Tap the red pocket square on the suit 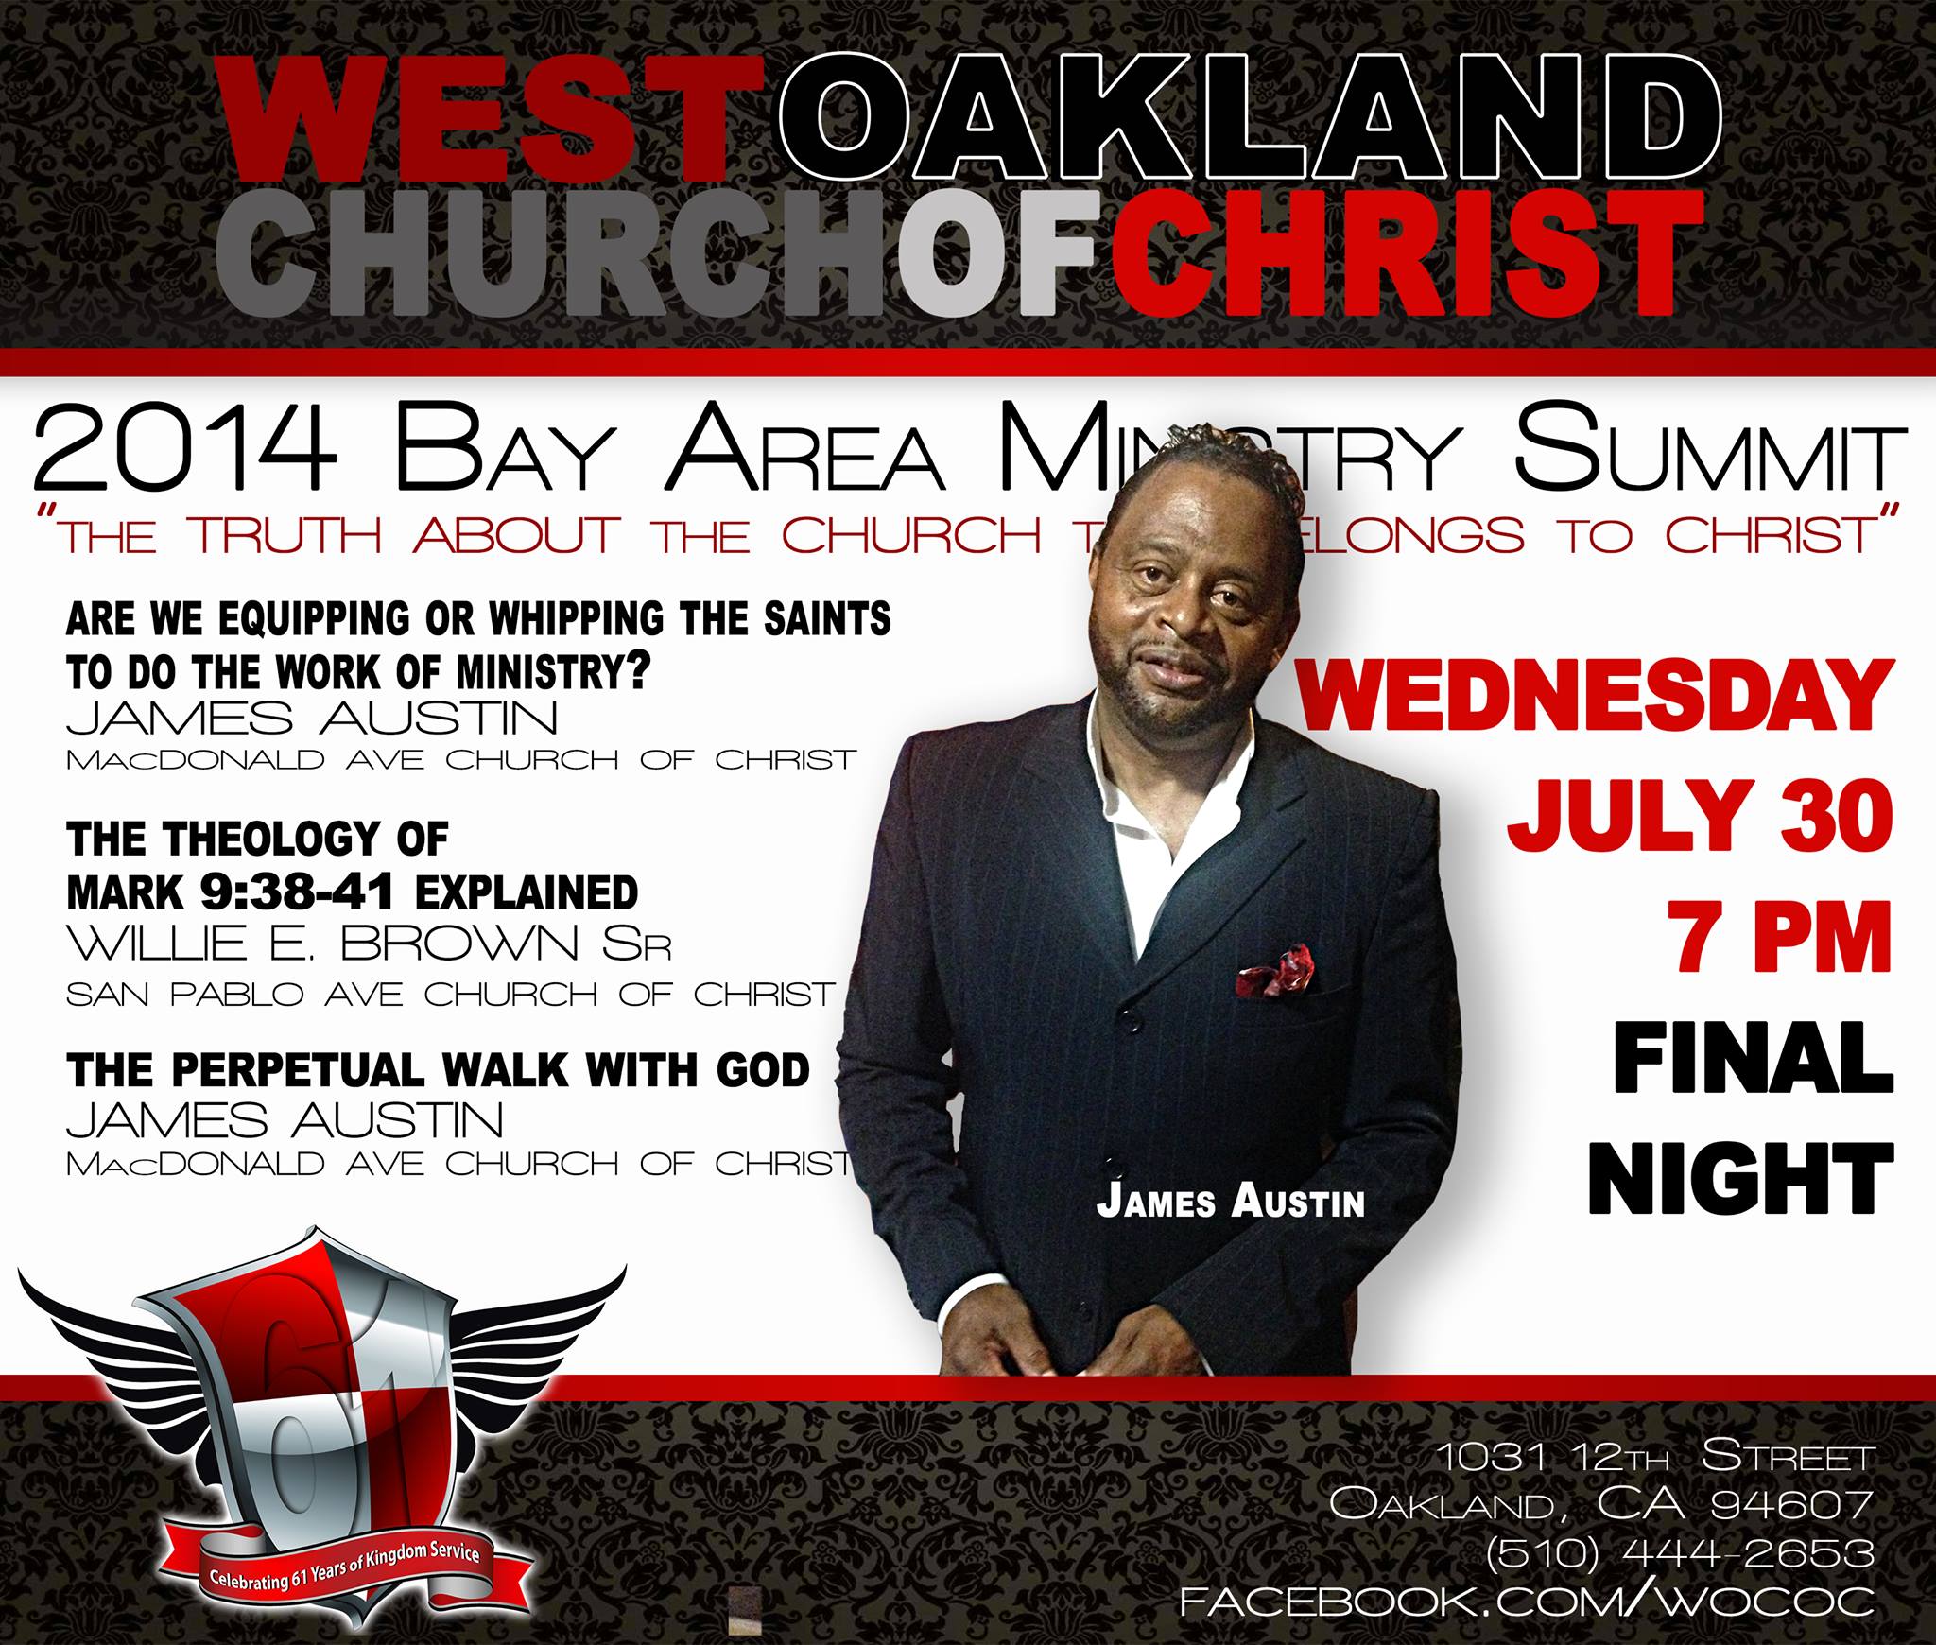click(1274, 970)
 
